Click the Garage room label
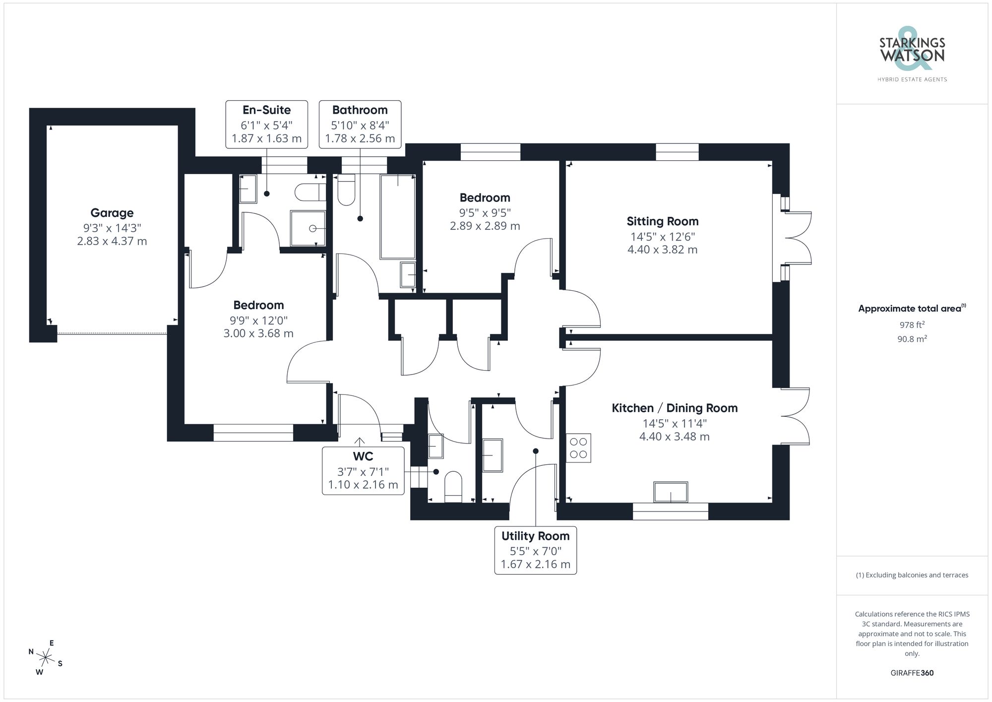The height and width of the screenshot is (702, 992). [x=112, y=213]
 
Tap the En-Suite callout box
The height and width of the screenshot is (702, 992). [x=266, y=124]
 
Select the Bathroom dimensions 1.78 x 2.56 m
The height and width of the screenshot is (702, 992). [x=360, y=138]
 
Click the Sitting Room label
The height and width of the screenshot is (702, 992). [x=662, y=221]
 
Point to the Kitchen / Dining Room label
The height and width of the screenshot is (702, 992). [x=674, y=408]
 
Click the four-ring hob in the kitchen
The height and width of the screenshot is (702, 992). [x=578, y=448]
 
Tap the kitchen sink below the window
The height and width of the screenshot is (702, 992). [x=671, y=492]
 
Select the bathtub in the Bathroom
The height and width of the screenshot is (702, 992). [x=397, y=217]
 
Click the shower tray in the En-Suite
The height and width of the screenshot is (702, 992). [x=308, y=228]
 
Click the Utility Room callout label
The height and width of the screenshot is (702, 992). [x=535, y=536]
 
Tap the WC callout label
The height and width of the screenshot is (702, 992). [x=363, y=456]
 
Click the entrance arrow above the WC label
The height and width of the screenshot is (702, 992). [x=359, y=441]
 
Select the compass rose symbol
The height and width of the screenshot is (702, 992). [x=46, y=658]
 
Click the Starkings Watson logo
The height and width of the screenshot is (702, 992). [x=912, y=55]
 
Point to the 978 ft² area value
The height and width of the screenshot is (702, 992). [x=912, y=325]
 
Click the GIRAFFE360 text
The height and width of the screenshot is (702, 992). [x=912, y=673]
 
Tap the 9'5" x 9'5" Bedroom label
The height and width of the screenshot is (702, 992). [x=485, y=212]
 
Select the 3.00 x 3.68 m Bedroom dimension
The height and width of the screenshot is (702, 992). [x=258, y=333]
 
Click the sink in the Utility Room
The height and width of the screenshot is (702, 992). [x=493, y=455]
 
